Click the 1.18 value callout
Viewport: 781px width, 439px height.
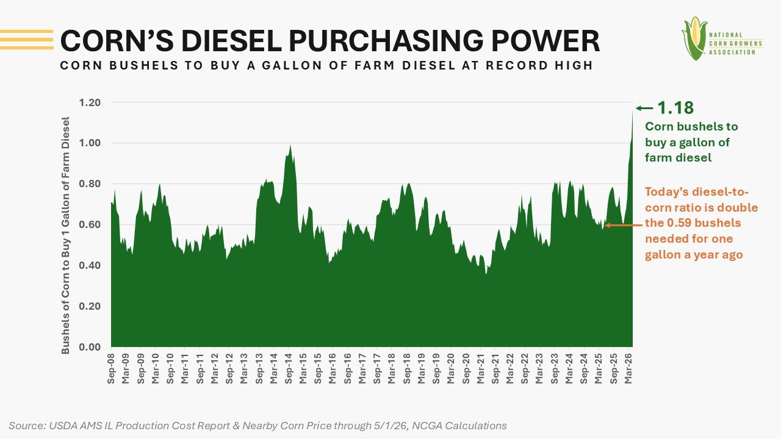click(x=675, y=108)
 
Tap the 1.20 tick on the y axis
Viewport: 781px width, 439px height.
click(x=90, y=103)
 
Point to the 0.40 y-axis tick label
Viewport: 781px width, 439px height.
click(x=90, y=265)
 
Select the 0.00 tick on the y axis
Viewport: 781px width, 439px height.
click(x=90, y=347)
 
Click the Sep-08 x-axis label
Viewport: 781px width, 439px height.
click(x=111, y=369)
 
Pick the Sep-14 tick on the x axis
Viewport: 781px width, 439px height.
click(x=289, y=369)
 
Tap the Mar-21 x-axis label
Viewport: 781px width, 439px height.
click(x=480, y=369)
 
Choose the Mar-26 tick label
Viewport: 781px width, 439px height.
click(x=628, y=369)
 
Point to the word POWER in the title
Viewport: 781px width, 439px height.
click(x=545, y=41)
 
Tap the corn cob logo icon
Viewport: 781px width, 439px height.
click(x=694, y=38)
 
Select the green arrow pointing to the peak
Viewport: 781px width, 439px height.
click(x=644, y=109)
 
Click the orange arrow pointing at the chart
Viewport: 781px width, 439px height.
click(x=624, y=226)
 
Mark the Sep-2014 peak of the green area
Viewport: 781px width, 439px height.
click(x=290, y=145)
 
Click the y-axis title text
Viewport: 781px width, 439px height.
click(x=65, y=235)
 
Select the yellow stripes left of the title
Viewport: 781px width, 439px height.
click(x=27, y=40)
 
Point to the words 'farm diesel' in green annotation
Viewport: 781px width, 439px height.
click(x=678, y=158)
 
